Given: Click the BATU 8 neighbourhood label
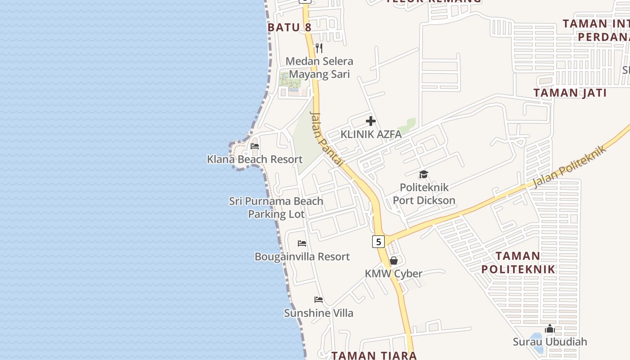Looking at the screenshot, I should [x=289, y=27].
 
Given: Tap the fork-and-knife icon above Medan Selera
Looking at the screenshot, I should [x=319, y=48].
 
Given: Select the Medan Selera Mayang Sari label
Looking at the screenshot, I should [x=319, y=67].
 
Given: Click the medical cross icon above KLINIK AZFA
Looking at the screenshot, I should [x=371, y=121].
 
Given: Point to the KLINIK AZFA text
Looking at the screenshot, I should [x=371, y=134].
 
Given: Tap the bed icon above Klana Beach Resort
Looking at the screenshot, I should [x=255, y=146].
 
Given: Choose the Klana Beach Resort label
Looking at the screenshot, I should [x=255, y=159].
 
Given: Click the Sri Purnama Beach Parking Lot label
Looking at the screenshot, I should [x=276, y=207].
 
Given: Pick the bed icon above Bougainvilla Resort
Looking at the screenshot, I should [x=302, y=243].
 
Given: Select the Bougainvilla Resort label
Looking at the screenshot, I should [x=302, y=257].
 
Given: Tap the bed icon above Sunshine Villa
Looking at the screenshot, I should [x=319, y=300].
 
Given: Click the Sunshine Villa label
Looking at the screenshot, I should [x=319, y=313].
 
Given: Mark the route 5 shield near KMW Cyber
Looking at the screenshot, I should [x=378, y=242].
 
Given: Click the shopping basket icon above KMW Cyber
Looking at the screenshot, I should [x=394, y=261].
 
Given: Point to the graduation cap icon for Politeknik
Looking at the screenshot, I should [x=423, y=174].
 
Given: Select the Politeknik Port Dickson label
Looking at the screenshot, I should [x=424, y=193].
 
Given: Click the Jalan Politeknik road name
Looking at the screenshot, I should [x=570, y=166].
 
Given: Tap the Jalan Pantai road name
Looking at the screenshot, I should [x=327, y=140].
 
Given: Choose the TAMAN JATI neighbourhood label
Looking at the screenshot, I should [x=570, y=93].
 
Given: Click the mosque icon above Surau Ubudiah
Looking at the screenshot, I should [x=549, y=329].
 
